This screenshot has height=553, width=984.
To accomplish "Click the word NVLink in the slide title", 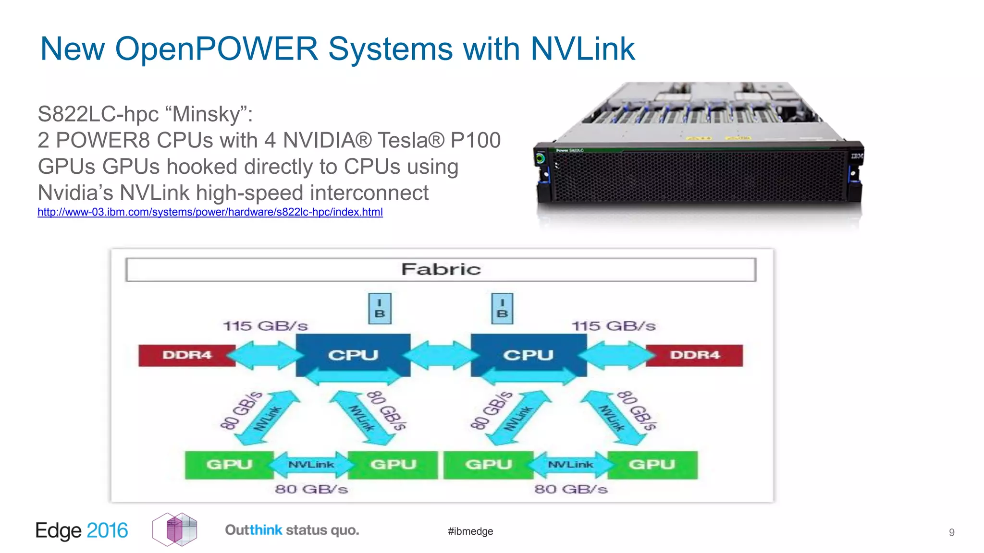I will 582,49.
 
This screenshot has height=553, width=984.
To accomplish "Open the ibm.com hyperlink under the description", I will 210,212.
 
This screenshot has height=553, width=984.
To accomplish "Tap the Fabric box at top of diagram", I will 441,269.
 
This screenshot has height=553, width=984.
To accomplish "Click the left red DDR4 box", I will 186,355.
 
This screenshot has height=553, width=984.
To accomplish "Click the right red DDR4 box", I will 694,355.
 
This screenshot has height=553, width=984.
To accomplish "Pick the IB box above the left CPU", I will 380,309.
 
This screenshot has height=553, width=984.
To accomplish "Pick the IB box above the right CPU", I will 502,309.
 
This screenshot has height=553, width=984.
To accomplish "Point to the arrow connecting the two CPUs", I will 441,355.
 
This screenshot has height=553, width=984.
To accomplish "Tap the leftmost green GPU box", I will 229,465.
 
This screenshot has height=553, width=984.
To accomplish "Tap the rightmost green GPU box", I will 652,465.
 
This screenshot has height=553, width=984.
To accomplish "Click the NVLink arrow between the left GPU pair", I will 311,465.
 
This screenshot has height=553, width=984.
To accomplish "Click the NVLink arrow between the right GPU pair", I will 570,465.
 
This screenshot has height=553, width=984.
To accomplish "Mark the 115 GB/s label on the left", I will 265,326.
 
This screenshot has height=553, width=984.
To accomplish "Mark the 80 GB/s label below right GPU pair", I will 571,490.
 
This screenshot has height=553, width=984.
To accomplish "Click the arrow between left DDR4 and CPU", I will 265,355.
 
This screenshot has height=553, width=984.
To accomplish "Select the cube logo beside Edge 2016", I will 175,529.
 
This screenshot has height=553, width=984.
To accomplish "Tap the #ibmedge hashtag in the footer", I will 470,531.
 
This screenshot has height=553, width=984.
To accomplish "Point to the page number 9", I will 951,532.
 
